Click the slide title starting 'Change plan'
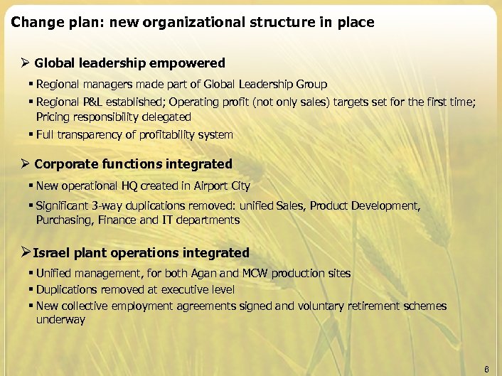[192, 23]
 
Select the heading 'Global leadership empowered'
[129, 63]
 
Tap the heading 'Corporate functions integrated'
[133, 164]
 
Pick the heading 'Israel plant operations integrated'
[141, 253]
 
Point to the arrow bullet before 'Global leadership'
[25, 63]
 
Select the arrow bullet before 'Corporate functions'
[25, 164]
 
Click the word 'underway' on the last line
[60, 320]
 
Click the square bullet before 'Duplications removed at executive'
[31, 290]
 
